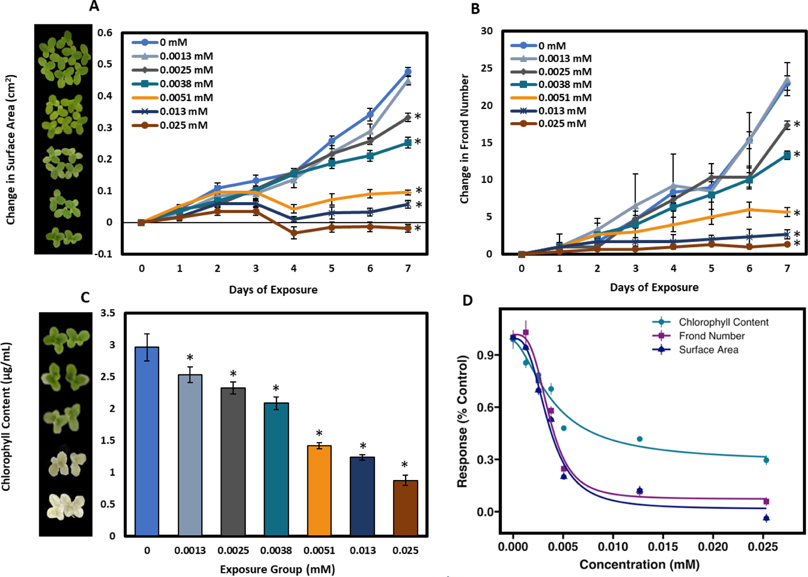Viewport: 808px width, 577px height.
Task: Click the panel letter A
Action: pyautogui.click(x=94, y=6)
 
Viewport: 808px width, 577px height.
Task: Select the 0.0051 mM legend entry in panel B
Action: pyautogui.click(x=564, y=97)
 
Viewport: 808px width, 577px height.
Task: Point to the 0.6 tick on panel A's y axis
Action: pyautogui.click(x=105, y=33)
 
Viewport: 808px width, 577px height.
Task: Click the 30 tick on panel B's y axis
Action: pyautogui.click(x=487, y=31)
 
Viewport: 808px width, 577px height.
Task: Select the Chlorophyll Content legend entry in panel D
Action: pyautogui.click(x=723, y=322)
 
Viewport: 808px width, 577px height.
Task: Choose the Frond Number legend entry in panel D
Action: pyautogui.click(x=711, y=336)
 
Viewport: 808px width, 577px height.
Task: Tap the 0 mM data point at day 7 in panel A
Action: pyautogui.click(x=408, y=72)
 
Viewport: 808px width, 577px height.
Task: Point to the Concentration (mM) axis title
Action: pyautogui.click(x=639, y=564)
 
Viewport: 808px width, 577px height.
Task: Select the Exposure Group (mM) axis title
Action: pyautogui.click(x=277, y=569)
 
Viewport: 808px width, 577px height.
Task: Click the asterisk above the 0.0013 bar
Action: pyautogui.click(x=190, y=358)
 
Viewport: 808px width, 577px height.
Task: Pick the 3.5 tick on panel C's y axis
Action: pyautogui.click(x=107, y=313)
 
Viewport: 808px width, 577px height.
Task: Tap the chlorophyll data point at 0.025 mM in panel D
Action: pyautogui.click(x=766, y=460)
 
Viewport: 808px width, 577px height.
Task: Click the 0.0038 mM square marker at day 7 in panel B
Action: pyautogui.click(x=787, y=155)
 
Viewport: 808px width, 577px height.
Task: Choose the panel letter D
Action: pyautogui.click(x=467, y=300)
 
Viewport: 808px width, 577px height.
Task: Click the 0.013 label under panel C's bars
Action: pyautogui.click(x=362, y=550)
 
